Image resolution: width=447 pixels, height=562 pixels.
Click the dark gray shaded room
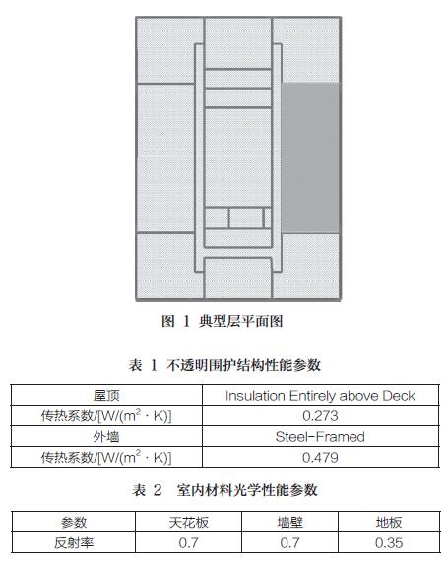click(x=310, y=158)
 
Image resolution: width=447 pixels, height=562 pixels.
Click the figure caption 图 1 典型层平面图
click(x=223, y=321)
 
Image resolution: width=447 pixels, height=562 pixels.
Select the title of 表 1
click(x=224, y=365)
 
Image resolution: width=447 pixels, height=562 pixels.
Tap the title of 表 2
click(x=224, y=490)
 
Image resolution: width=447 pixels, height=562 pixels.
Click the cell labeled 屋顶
click(x=106, y=396)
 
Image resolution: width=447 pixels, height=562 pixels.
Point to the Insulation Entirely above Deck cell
click(x=320, y=396)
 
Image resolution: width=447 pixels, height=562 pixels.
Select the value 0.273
click(x=320, y=415)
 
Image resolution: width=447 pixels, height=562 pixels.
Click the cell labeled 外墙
click(x=106, y=437)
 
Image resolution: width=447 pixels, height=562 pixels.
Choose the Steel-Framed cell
click(x=320, y=437)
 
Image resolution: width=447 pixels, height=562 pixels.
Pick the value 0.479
click(x=320, y=457)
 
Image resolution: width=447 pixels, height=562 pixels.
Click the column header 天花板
click(x=189, y=523)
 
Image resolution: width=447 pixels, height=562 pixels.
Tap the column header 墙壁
click(x=290, y=523)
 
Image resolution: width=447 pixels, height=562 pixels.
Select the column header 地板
click(x=389, y=523)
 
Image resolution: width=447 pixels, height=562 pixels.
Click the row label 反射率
click(x=74, y=542)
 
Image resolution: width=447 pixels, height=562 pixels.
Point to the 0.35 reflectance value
click(x=389, y=542)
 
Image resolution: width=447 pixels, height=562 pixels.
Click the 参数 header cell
click(x=74, y=523)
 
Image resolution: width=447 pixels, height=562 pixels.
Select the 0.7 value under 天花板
click(x=189, y=542)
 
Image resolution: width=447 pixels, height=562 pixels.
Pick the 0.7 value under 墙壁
click(x=290, y=542)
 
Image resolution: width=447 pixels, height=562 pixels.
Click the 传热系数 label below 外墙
click(x=106, y=457)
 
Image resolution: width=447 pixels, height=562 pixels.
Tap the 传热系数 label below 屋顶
click(x=106, y=415)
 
